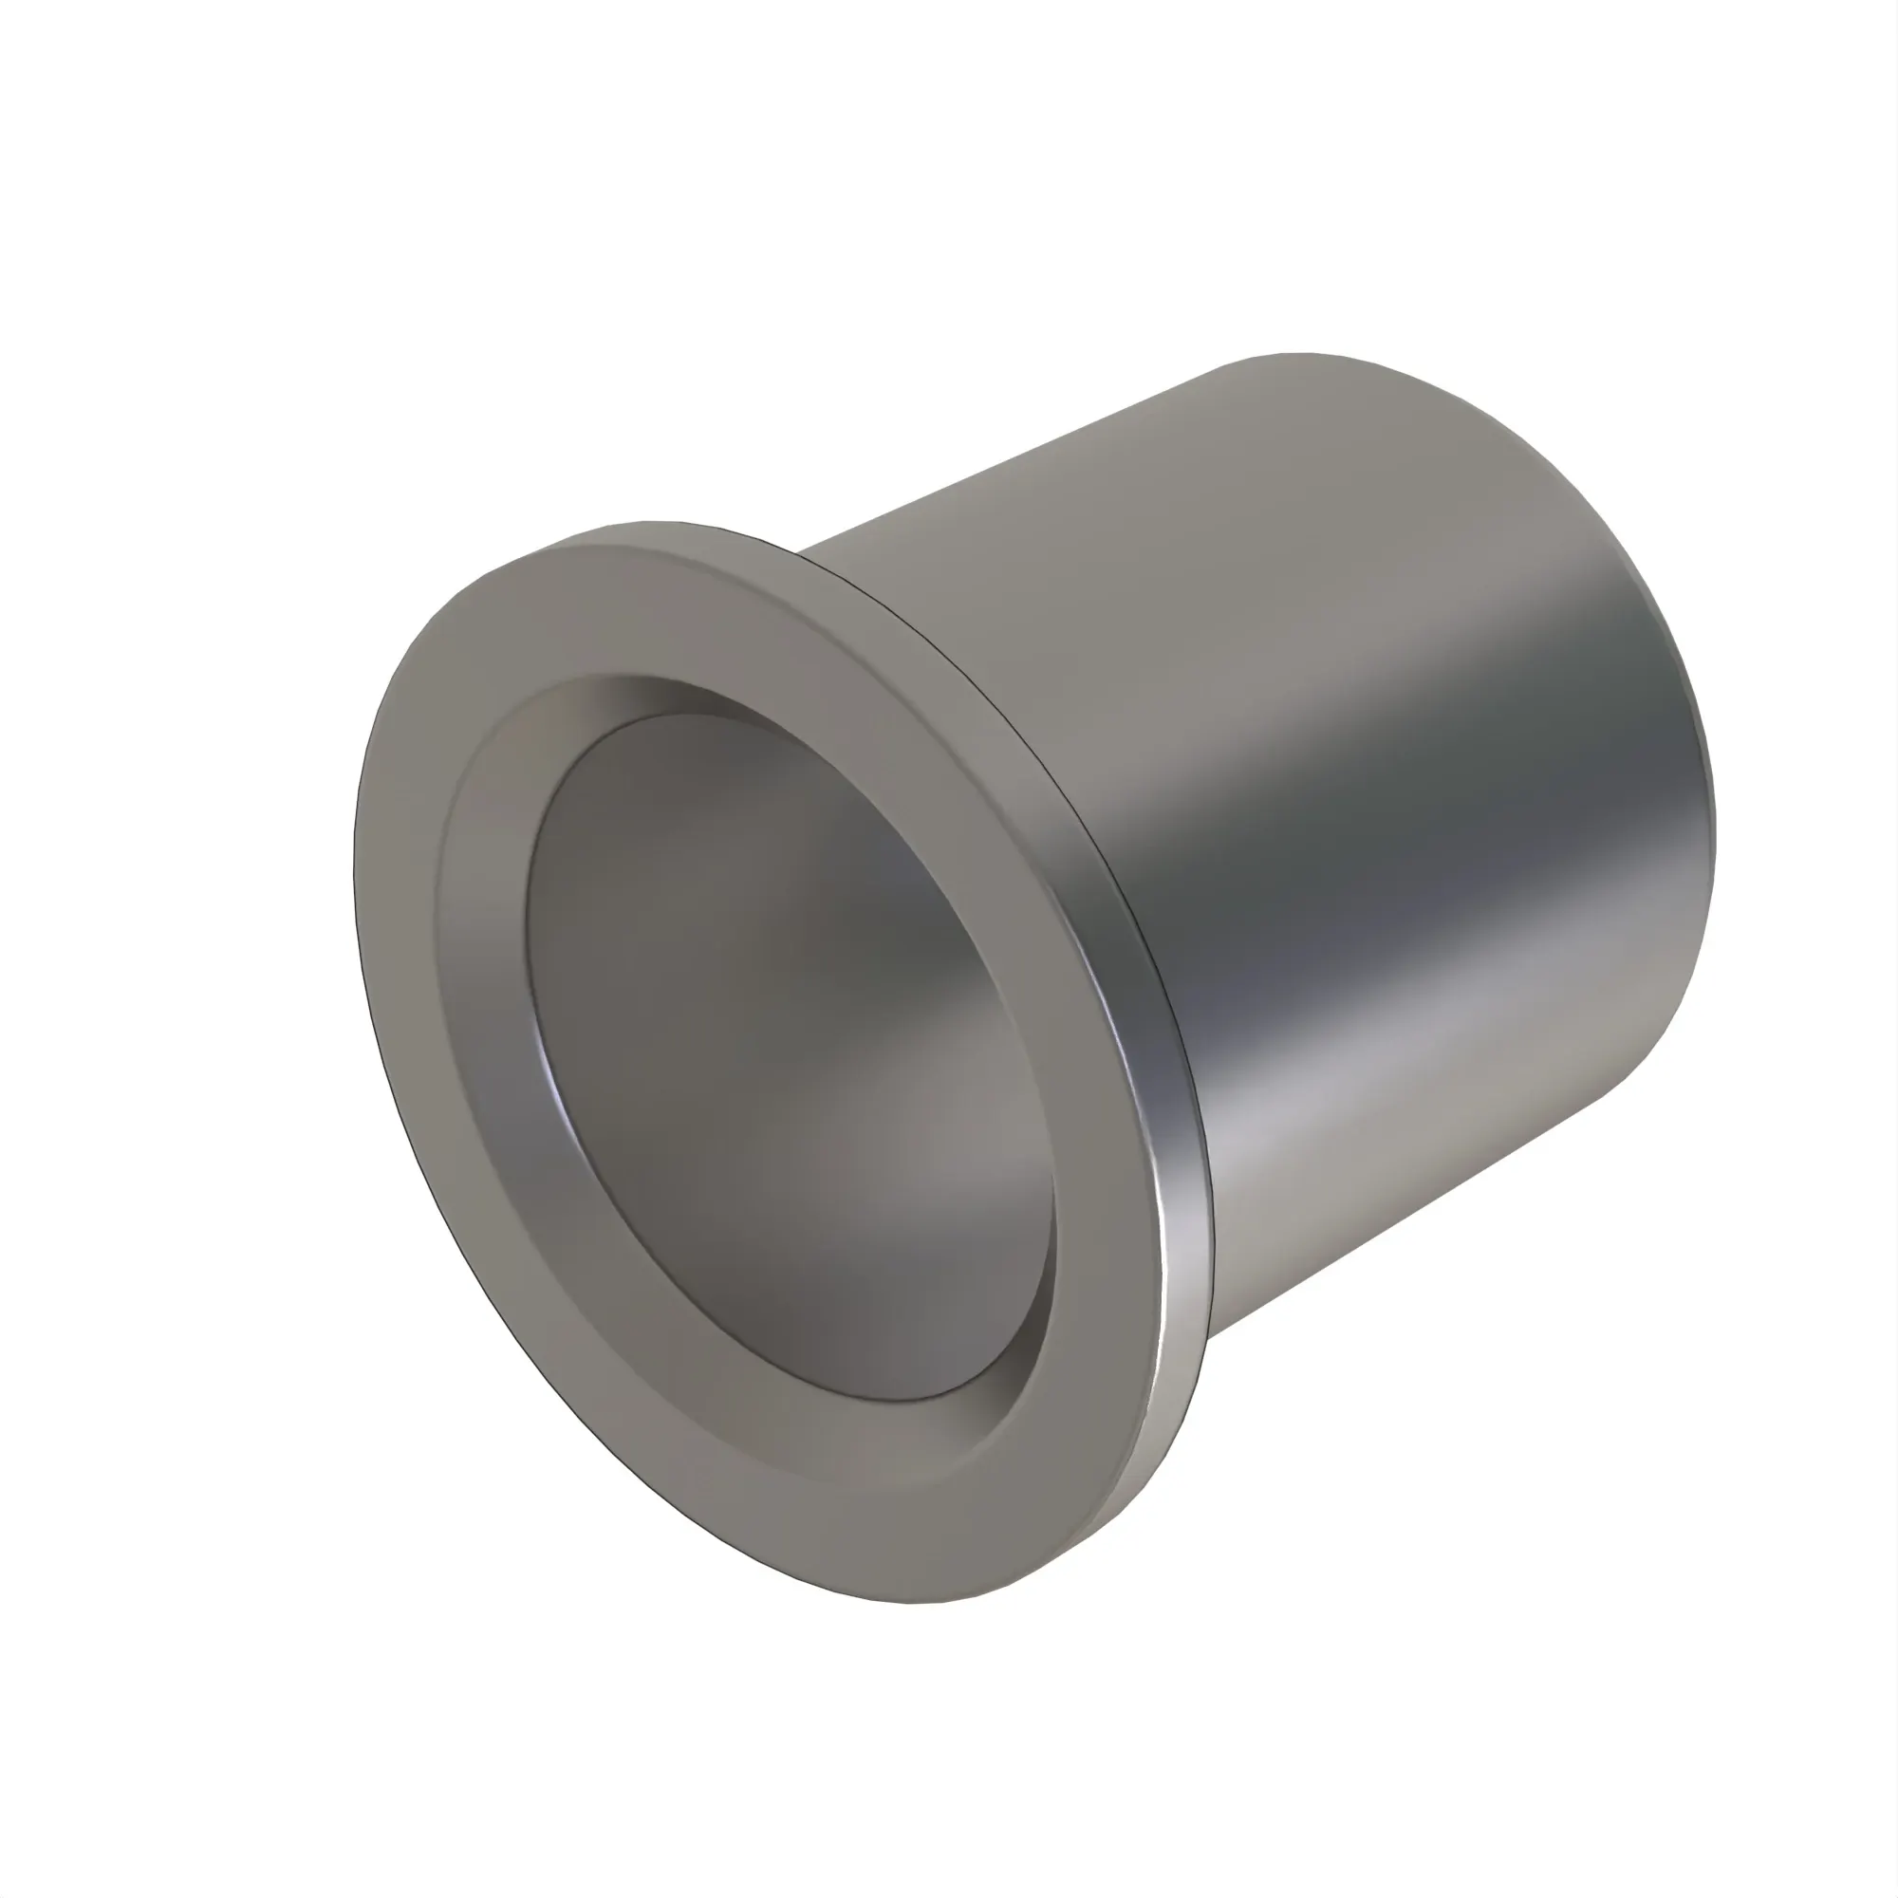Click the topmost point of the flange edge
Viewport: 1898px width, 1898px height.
point(648,522)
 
